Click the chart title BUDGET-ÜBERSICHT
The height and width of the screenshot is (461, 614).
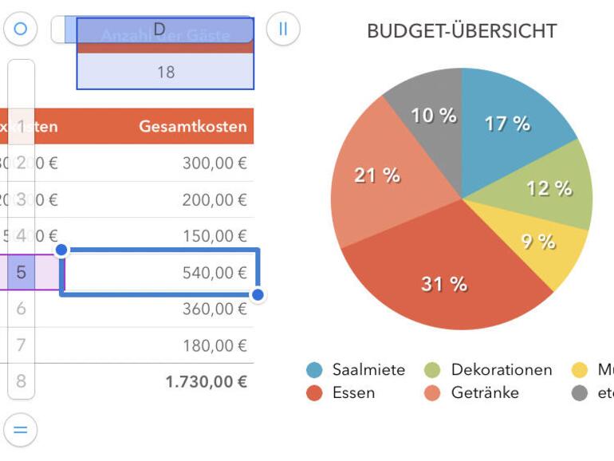pyautogui.click(x=461, y=32)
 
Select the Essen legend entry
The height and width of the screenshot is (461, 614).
pyautogui.click(x=353, y=392)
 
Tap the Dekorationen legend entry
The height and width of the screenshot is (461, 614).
pyautogui.click(x=501, y=370)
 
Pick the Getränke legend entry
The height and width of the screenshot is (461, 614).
pyautogui.click(x=484, y=392)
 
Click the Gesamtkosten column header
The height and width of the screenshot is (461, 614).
pyautogui.click(x=193, y=127)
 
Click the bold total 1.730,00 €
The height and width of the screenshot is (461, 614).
pyautogui.click(x=206, y=382)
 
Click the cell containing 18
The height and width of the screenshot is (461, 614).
pyautogui.click(x=165, y=73)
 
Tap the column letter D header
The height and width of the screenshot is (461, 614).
pyautogui.click(x=159, y=30)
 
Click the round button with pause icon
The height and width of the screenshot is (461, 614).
pyautogui.click(x=282, y=30)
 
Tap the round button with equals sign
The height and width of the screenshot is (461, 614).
pyautogui.click(x=21, y=431)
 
